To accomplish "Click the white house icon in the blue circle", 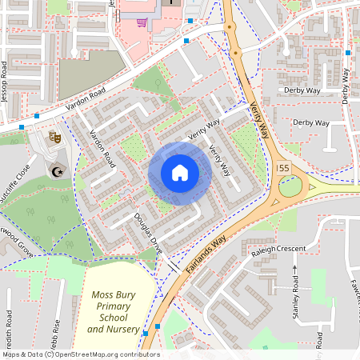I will click(x=179, y=173).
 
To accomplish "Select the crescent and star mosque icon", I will click(x=56, y=170).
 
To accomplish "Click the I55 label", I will click(x=281, y=169).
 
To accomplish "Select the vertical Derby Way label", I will click(x=345, y=86).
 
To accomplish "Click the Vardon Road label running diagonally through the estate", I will click(x=102, y=150).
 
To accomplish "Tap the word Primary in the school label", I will click(x=113, y=306).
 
